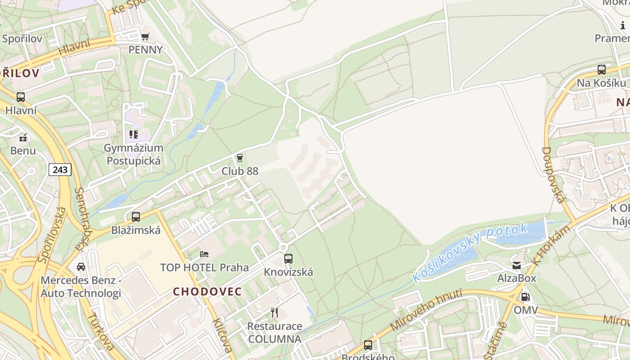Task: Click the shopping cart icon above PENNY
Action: pos(145,37)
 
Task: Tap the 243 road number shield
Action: pos(60,170)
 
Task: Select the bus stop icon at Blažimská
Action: pos(136,216)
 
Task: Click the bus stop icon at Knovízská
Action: pos(288,259)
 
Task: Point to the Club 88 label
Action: pos(240,171)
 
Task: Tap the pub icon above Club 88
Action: pos(240,157)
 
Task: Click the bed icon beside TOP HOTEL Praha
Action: pos(204,254)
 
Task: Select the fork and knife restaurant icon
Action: pos(274,312)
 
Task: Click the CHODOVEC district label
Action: pos(207,292)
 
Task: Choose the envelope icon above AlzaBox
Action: pos(517,265)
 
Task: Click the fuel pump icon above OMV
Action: pos(525,297)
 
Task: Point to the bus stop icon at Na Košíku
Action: pos(602,70)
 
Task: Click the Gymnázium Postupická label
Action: pos(134,154)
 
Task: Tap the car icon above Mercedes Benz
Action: pos(81,266)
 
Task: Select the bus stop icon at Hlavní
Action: pos(21,97)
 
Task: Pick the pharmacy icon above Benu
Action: pos(23,138)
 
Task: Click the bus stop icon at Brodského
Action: pos(368,345)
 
